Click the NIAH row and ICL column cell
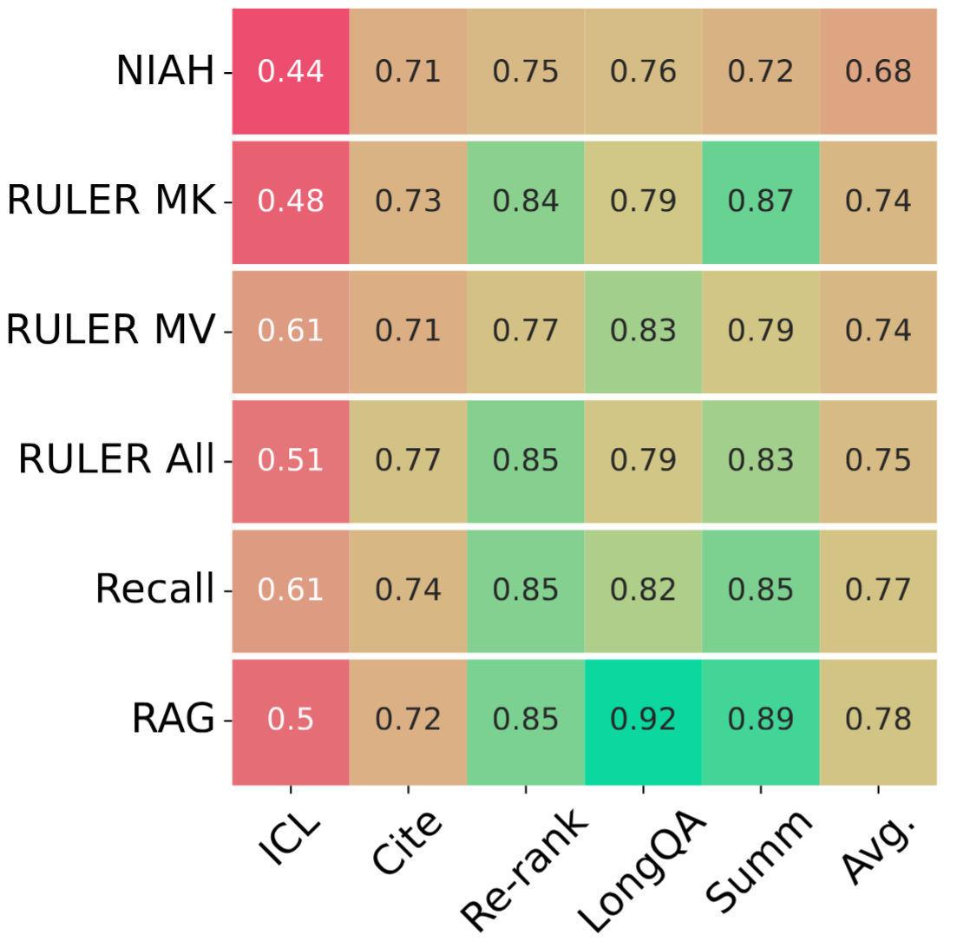tap(291, 71)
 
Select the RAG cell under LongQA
tap(643, 721)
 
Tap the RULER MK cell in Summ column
tap(761, 201)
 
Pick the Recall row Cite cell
tap(408, 590)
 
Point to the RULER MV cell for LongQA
tap(643, 331)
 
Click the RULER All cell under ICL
tap(291, 461)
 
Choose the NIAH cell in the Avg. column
tap(878, 71)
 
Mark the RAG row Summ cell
tap(761, 721)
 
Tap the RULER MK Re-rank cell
tap(526, 201)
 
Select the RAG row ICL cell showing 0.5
tap(291, 721)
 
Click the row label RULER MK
tap(110, 201)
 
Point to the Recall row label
tap(154, 590)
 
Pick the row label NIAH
tap(165, 72)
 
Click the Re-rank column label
tap(521, 859)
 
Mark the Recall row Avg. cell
tap(878, 590)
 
